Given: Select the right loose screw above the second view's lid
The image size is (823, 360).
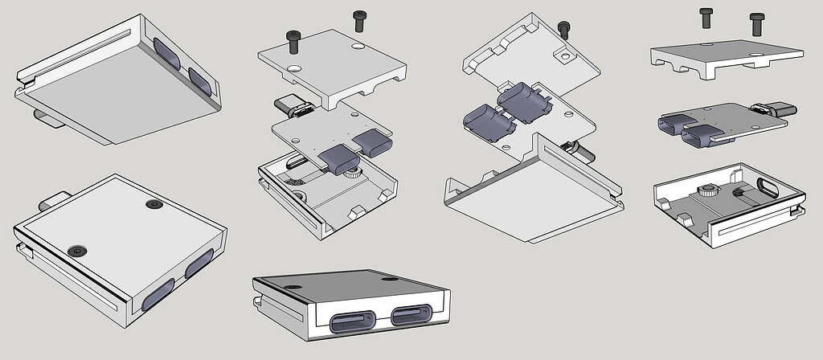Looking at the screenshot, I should pos(358,19).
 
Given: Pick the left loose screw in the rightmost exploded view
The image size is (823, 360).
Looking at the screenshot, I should pos(706,18).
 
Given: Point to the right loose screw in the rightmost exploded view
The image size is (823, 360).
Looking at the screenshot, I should pos(755,22).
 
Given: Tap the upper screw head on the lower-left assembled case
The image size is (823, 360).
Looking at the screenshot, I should pos(154,205).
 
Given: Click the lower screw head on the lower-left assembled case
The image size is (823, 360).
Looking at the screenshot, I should pos(76,251).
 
